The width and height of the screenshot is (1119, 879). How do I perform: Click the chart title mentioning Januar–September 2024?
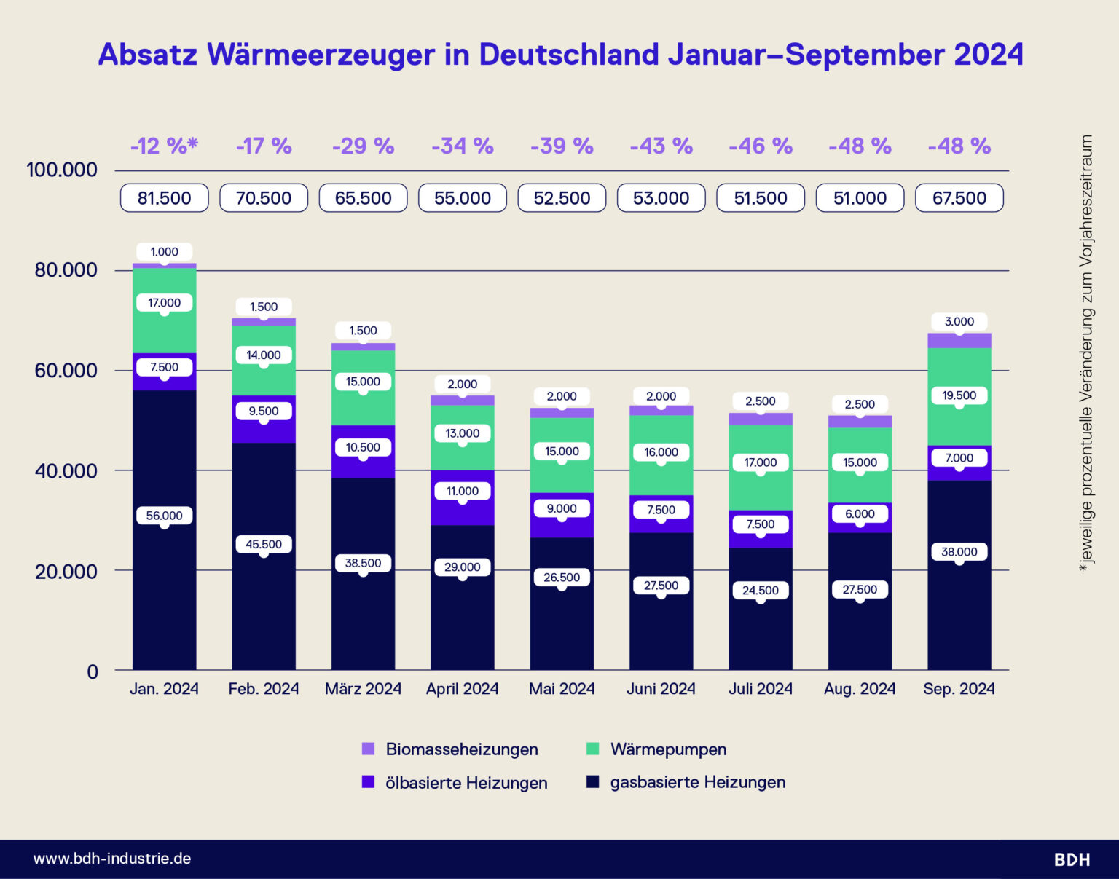[x=560, y=55]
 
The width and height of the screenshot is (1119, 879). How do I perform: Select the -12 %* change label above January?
[x=164, y=146]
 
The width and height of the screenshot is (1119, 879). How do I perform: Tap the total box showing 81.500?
[x=164, y=198]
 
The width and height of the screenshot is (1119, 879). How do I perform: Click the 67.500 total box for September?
[x=959, y=198]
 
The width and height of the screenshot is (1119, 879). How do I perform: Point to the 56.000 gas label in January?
[x=164, y=516]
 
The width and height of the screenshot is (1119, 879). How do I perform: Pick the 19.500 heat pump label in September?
[x=959, y=395]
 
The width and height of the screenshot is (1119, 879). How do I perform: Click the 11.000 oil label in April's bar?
[x=462, y=492]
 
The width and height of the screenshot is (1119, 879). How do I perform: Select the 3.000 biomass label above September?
[x=959, y=322]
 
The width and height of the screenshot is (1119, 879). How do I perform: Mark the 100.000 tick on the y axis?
[x=62, y=170]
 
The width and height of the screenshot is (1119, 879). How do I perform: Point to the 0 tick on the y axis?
[x=93, y=671]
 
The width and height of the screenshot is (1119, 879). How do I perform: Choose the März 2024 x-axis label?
[x=363, y=689]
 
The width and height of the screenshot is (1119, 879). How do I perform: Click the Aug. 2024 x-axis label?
[x=860, y=689]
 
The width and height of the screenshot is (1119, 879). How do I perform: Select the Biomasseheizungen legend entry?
[x=461, y=749]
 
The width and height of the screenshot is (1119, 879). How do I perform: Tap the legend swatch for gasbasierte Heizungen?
[x=593, y=782]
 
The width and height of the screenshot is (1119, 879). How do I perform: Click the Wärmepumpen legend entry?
[x=667, y=749]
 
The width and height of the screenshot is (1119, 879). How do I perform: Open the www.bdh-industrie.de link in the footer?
[x=112, y=859]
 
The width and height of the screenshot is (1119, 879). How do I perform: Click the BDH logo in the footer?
[x=1072, y=859]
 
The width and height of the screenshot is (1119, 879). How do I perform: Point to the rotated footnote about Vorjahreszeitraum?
[x=1086, y=353]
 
